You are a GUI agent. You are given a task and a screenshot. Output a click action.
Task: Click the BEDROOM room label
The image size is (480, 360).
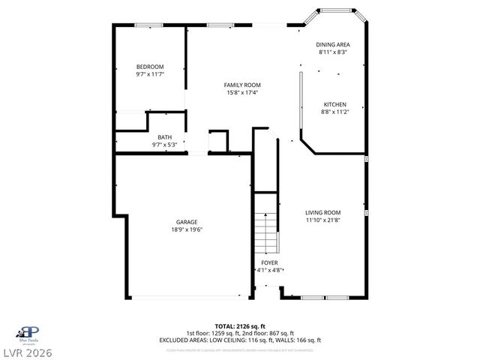[x=149, y=66]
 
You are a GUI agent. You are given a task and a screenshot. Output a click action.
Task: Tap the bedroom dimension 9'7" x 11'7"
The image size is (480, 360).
[x=149, y=73]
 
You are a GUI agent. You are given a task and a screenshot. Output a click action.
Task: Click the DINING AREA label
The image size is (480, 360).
[x=333, y=45]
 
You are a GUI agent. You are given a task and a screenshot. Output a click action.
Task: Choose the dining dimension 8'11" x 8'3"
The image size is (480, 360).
[x=333, y=52]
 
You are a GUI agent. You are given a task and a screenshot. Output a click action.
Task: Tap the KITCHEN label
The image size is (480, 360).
[x=334, y=104]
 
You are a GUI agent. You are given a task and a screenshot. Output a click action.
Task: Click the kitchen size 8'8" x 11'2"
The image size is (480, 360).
[x=334, y=112]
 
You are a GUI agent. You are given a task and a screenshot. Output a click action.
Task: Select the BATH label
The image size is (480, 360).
[x=163, y=137]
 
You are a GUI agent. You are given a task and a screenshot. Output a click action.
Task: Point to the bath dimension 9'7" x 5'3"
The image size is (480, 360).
[x=163, y=144]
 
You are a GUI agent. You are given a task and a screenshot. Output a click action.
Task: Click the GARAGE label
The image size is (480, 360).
[x=187, y=222]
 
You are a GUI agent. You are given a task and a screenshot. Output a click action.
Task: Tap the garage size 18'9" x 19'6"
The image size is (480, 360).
[x=187, y=229]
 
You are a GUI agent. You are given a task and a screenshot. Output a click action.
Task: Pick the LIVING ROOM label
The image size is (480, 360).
[x=322, y=212]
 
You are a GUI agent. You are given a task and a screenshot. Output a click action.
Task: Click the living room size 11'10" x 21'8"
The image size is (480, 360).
[x=322, y=220]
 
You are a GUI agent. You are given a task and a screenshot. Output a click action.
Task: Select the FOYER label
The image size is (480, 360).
[x=269, y=262]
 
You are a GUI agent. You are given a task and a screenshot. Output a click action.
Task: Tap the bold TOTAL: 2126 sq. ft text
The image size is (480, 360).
[x=239, y=327]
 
